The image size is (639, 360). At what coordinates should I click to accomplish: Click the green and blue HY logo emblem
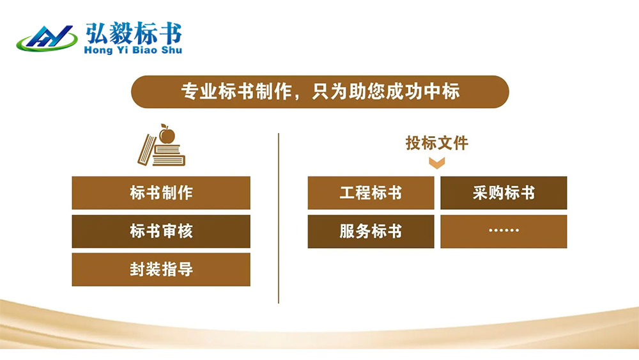pyautogui.click(x=47, y=39)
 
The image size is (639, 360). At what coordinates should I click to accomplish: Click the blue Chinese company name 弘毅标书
pyautogui.click(x=134, y=33)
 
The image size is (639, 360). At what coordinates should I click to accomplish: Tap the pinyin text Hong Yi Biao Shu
pyautogui.click(x=133, y=50)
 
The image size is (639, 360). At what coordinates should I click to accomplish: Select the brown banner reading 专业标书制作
pyautogui.click(x=320, y=91)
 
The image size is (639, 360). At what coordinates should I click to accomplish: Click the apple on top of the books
pyautogui.click(x=167, y=134)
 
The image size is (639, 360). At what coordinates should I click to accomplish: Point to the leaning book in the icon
pyautogui.click(x=147, y=150)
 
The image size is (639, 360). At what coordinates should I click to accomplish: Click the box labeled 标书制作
pyautogui.click(x=161, y=193)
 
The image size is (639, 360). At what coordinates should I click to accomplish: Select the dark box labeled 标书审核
pyautogui.click(x=161, y=231)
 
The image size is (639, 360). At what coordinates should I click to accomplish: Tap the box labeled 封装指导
pyautogui.click(x=161, y=269)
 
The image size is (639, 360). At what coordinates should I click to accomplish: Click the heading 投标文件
pyautogui.click(x=437, y=143)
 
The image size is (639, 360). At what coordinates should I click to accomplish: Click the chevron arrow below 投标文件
pyautogui.click(x=437, y=163)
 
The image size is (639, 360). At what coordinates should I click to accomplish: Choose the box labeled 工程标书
pyautogui.click(x=371, y=193)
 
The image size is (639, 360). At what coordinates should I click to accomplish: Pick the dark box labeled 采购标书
pyautogui.click(x=504, y=193)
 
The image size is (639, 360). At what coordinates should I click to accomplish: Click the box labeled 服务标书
pyautogui.click(x=371, y=231)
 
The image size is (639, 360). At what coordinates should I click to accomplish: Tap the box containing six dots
pyautogui.click(x=504, y=231)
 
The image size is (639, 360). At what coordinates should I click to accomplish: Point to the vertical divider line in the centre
pyautogui.click(x=279, y=218)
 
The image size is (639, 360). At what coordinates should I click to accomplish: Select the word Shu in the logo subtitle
pyautogui.click(x=171, y=50)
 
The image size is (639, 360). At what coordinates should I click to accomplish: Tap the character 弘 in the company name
pyautogui.click(x=96, y=33)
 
